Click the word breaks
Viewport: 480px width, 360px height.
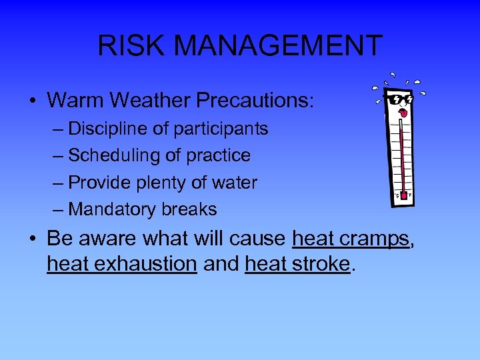189,209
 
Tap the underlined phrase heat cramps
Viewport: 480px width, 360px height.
351,238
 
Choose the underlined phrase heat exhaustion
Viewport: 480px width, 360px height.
121,264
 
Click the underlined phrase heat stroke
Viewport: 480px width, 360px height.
297,264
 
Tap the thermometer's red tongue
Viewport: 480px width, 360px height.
402,114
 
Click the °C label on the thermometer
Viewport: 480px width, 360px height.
396,195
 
